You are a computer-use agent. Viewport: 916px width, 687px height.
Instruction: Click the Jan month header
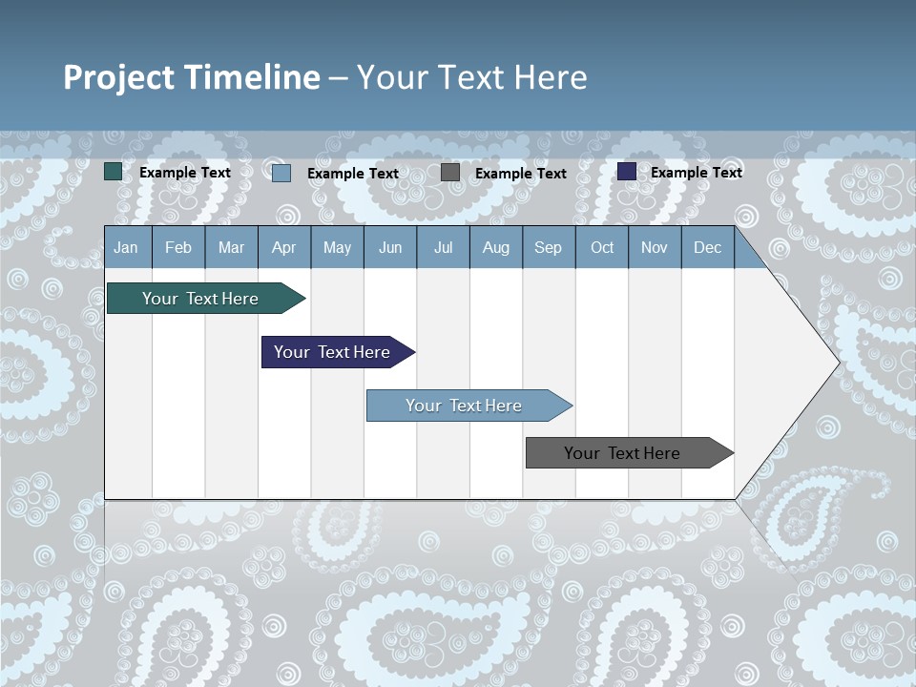[127, 247]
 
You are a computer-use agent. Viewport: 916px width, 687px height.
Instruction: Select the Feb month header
[178, 247]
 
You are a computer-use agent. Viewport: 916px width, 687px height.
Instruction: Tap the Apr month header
[284, 247]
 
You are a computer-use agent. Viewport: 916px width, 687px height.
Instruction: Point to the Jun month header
[390, 247]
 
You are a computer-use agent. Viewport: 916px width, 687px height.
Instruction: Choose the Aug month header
[496, 247]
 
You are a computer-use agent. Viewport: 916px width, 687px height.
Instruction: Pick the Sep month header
[549, 247]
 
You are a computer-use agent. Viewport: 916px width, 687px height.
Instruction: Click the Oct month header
[602, 247]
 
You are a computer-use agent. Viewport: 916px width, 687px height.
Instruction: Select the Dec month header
[708, 247]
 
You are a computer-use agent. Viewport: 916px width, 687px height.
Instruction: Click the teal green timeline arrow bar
[201, 299]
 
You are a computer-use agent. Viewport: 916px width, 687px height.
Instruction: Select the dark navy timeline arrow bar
[333, 352]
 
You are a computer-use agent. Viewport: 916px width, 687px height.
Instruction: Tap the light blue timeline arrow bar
[465, 406]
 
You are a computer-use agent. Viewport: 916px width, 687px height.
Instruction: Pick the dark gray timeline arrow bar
[623, 453]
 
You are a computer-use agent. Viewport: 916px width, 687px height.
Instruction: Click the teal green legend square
[114, 172]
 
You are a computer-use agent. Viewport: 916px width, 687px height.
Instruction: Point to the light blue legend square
[281, 173]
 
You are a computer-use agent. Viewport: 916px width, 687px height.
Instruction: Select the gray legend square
[450, 173]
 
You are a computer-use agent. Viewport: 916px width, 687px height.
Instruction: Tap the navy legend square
[627, 172]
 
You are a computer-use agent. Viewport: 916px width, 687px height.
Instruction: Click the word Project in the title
[119, 77]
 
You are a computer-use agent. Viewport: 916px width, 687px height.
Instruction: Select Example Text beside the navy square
[697, 173]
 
